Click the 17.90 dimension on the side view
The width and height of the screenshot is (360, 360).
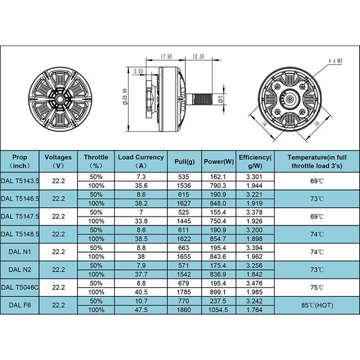167,55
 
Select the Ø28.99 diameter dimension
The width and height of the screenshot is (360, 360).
126,99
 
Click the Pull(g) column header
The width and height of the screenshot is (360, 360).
185,161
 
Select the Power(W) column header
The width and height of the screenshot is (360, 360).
219,161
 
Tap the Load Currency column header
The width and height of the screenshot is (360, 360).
141,161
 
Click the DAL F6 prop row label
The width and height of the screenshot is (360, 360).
21,305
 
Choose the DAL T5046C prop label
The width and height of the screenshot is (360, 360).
21,287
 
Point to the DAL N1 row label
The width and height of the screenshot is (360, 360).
21,252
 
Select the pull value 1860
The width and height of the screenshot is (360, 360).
185,309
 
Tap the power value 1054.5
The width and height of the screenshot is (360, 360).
219,309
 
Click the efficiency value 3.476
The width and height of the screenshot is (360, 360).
255,283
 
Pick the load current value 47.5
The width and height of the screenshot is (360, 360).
141,309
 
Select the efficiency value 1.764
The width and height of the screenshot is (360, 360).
255,309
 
